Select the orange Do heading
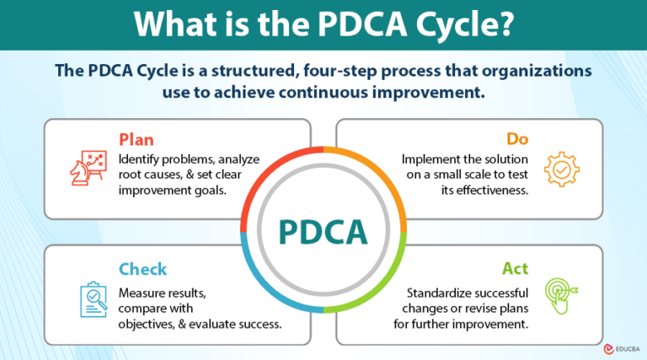point(517,137)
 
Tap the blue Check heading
point(142,269)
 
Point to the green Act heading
point(516,269)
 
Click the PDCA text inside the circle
point(323,230)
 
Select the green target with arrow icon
point(562,296)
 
